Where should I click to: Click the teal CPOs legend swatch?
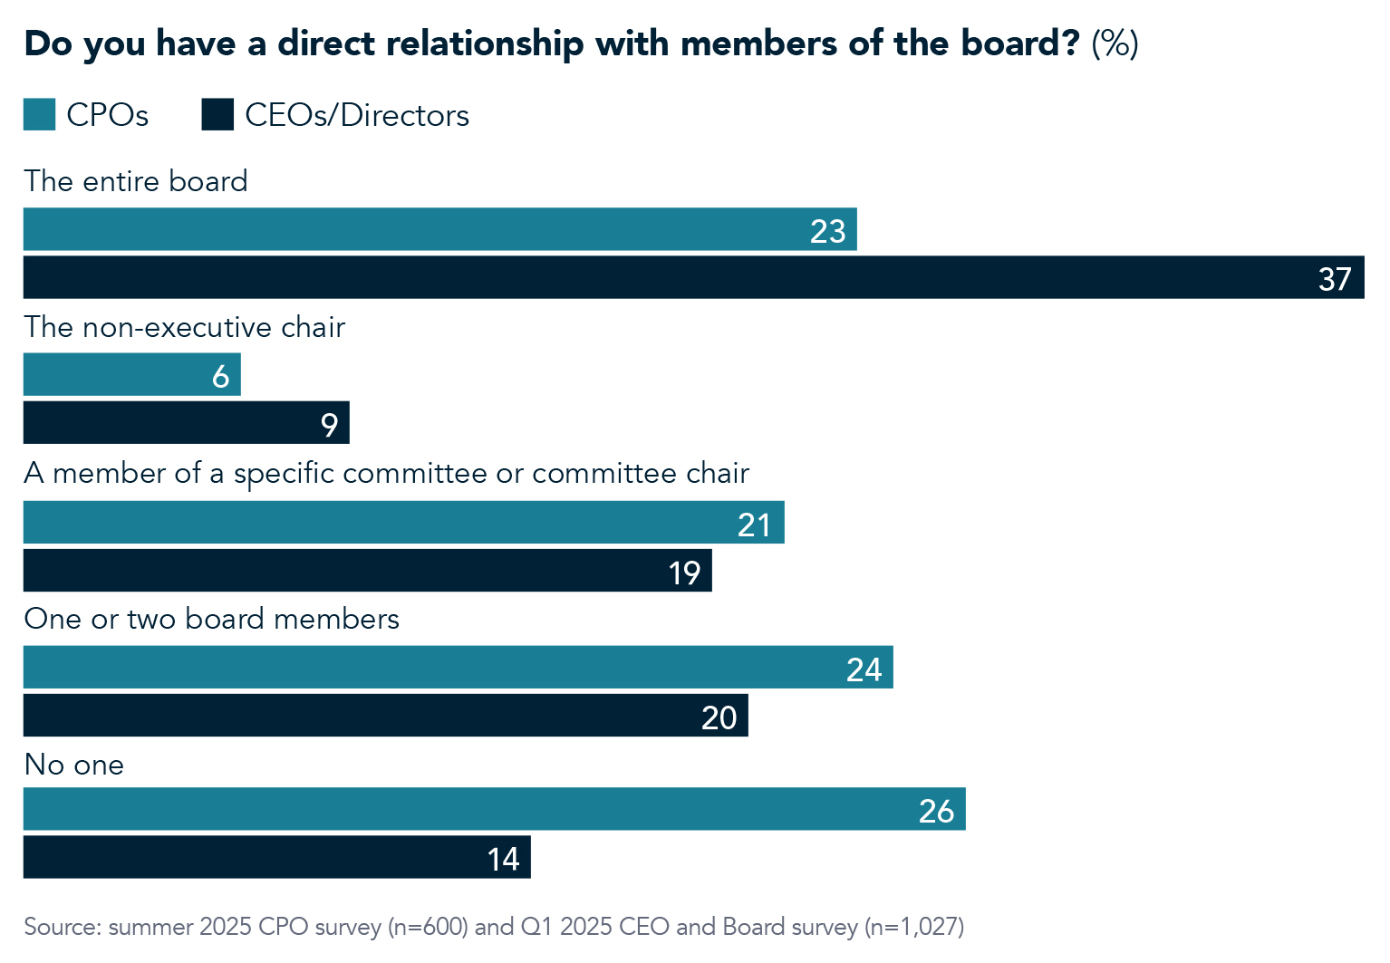(x=39, y=115)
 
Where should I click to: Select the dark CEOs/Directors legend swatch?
(x=217, y=115)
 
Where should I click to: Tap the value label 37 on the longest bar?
(x=1335, y=279)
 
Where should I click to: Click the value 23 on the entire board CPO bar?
(x=827, y=231)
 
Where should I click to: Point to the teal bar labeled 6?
(x=131, y=375)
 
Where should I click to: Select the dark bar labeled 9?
(x=186, y=423)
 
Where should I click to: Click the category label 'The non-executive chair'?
(x=185, y=327)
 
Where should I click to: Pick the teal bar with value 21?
(x=403, y=523)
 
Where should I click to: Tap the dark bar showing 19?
(x=367, y=571)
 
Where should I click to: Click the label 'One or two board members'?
(x=211, y=619)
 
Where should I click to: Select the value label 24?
(x=864, y=669)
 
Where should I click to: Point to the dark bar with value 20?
(x=385, y=716)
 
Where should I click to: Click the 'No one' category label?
(x=73, y=765)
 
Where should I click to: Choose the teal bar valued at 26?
(x=494, y=809)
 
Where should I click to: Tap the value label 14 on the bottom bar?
(x=503, y=859)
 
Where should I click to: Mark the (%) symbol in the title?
(x=1115, y=43)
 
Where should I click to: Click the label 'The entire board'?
(x=136, y=181)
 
